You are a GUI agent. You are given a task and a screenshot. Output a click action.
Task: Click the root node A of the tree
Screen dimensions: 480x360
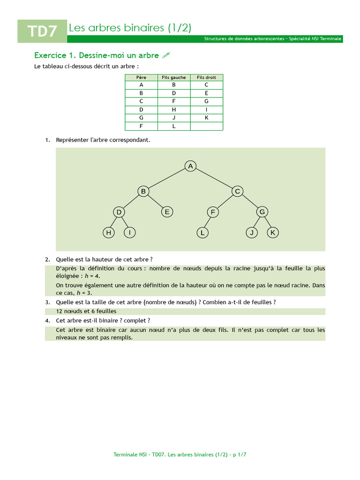point(190,166)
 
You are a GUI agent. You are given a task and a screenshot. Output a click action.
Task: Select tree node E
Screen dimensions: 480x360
point(167,212)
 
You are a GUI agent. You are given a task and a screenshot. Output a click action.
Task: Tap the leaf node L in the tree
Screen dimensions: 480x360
point(202,232)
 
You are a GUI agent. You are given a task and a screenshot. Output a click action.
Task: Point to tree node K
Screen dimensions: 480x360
point(273,232)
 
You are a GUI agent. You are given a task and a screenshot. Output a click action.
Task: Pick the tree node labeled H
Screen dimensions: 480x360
point(108,232)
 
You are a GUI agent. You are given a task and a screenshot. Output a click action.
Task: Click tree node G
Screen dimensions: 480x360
point(262,212)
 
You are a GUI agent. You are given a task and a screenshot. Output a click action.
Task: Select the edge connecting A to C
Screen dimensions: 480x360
point(214,179)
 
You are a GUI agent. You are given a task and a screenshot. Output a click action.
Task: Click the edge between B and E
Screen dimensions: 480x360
point(155,202)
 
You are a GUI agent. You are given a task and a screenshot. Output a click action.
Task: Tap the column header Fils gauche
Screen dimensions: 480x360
point(174,77)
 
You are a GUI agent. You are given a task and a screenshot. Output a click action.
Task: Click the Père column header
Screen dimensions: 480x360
point(141,77)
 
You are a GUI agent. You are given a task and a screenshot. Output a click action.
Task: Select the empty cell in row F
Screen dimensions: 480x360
point(207,126)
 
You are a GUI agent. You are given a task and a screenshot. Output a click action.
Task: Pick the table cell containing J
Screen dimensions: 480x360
point(174,118)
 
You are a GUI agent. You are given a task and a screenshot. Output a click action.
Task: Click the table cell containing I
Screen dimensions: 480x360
point(207,110)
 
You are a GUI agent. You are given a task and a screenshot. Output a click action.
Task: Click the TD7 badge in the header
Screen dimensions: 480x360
point(42,31)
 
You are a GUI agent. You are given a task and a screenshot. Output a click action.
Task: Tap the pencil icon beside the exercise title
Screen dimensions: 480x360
point(166,55)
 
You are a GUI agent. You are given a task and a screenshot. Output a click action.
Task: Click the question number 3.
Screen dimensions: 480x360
point(47,302)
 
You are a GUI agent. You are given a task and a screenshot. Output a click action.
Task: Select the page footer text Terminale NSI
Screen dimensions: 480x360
point(130,455)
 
